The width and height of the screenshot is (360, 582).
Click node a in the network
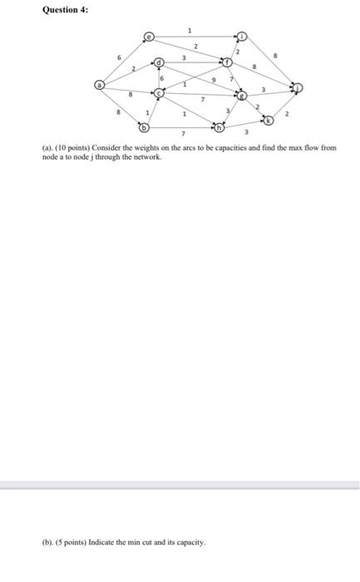point(100,84)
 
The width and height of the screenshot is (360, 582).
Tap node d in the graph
point(160,62)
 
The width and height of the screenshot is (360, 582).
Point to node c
point(159,94)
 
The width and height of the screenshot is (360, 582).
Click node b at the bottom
point(143,128)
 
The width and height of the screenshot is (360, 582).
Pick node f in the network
point(226,62)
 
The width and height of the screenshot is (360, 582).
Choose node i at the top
point(242,37)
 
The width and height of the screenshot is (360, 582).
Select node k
point(268,121)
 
